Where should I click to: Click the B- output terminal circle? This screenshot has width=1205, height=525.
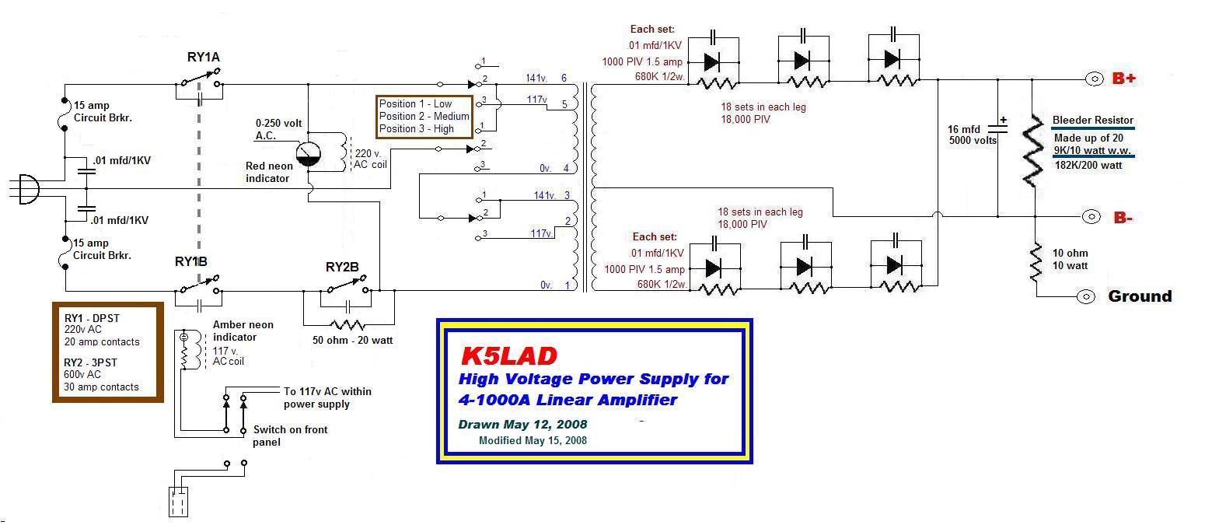click(x=1091, y=217)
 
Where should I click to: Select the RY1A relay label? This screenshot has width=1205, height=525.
click(x=204, y=58)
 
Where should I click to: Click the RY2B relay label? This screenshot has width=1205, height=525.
click(x=342, y=267)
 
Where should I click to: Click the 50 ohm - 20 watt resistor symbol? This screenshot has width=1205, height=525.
click(x=348, y=324)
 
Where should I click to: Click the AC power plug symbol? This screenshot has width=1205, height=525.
click(x=26, y=190)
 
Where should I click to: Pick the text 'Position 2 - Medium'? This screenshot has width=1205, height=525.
click(x=424, y=117)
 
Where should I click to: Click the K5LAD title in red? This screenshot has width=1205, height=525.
click(x=509, y=355)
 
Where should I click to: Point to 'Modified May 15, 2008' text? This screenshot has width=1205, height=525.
click(x=533, y=440)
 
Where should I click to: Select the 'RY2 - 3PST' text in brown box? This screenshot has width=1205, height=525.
click(x=91, y=362)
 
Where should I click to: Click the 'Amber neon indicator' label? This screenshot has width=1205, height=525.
click(x=243, y=331)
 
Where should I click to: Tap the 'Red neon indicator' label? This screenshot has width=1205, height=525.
click(x=269, y=172)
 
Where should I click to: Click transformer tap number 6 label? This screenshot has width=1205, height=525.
click(x=564, y=78)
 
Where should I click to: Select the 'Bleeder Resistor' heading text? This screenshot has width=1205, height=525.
click(x=1092, y=120)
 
